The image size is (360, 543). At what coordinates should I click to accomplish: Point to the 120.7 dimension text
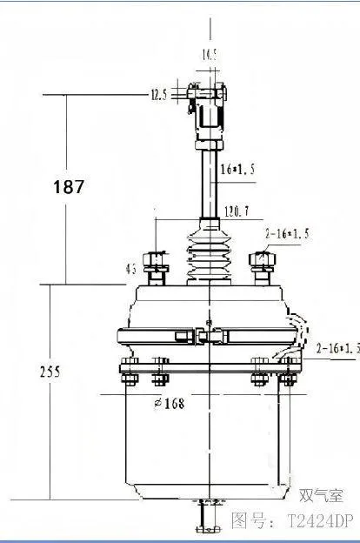pyautogui.click(x=235, y=211)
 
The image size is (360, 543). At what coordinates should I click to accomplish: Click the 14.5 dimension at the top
pyautogui.click(x=210, y=55)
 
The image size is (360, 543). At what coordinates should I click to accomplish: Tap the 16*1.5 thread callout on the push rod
pyautogui.click(x=236, y=171)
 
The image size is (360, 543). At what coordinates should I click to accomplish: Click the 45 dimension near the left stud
pyautogui.click(x=131, y=270)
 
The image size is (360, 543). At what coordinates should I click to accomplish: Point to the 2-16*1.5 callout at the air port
pyautogui.click(x=337, y=348)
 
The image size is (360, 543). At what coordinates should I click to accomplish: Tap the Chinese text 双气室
pyautogui.click(x=321, y=496)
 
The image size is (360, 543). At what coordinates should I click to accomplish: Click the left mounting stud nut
pyautogui.click(x=157, y=259)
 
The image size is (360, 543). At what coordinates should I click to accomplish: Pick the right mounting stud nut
pyautogui.click(x=261, y=259)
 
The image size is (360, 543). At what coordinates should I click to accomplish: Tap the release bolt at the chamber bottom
pyautogui.click(x=206, y=518)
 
